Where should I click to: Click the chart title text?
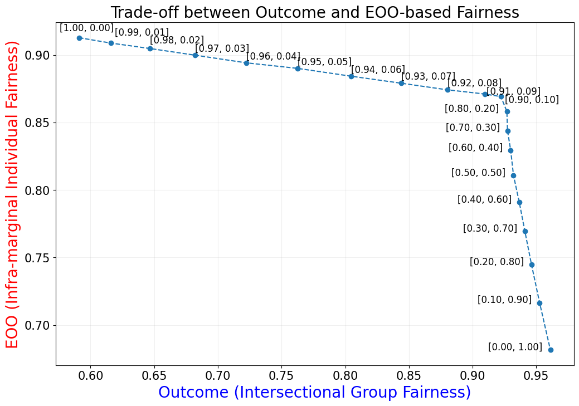point(315,12)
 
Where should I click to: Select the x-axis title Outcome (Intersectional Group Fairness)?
point(314,392)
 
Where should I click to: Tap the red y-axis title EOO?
point(12,194)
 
